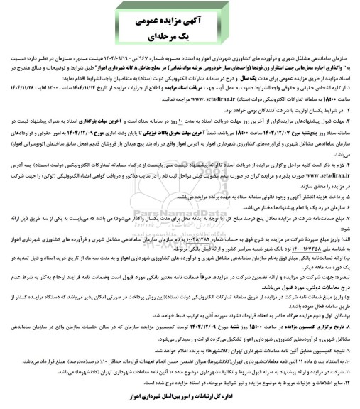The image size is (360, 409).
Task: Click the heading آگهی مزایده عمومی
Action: [179, 15]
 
